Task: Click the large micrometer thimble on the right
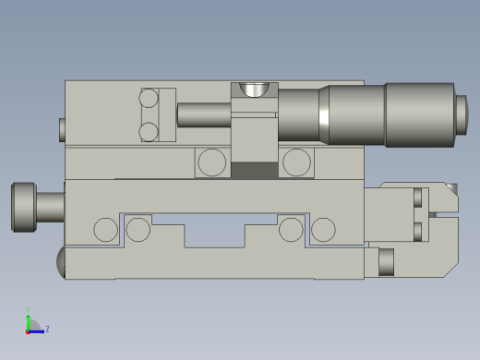coord(420,114)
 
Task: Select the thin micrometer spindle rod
coord(203,114)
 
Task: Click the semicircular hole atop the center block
coord(254,90)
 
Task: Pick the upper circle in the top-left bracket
coord(149,98)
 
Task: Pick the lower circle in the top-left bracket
coord(149,132)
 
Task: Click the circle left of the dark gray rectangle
coord(211,162)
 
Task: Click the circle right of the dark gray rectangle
coord(296,162)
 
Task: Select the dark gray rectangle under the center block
coord(254,170)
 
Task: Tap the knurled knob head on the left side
coord(23,207)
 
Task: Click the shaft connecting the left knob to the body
coord(50,206)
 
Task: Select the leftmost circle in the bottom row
coord(106,230)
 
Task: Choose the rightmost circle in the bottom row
coord(323,230)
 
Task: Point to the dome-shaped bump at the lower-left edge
coord(61,262)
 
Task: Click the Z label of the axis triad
coord(47,329)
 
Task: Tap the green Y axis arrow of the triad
coord(28,318)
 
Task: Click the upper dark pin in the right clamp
coord(417,198)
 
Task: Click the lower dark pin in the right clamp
coord(417,231)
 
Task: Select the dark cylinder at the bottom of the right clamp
coord(386,262)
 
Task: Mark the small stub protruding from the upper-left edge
coord(62,129)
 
